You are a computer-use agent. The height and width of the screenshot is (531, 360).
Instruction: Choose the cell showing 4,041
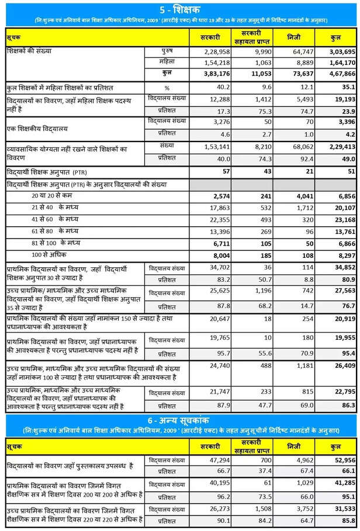298,196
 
